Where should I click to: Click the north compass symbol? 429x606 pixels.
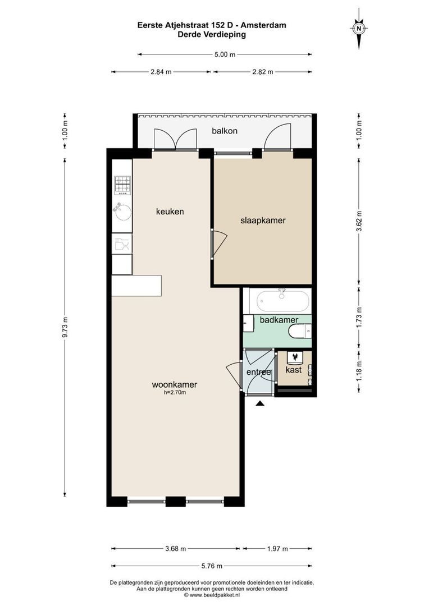click(x=359, y=27)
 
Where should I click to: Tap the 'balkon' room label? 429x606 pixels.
click(x=225, y=131)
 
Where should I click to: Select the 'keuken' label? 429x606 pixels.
click(x=170, y=212)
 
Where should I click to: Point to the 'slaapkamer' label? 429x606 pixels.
click(x=263, y=221)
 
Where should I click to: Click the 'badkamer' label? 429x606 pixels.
click(x=279, y=320)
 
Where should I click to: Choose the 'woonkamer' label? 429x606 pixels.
click(x=174, y=385)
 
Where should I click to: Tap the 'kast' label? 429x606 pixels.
click(x=294, y=370)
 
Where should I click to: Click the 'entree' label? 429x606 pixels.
click(x=259, y=372)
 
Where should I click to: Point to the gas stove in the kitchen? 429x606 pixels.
click(x=123, y=185)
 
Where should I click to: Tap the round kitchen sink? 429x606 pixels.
click(x=123, y=212)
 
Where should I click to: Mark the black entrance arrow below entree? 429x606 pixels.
click(x=260, y=403)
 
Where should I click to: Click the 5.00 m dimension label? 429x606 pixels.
click(x=225, y=54)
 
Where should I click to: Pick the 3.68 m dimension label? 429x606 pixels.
click(x=175, y=549)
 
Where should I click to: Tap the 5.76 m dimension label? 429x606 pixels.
click(x=211, y=566)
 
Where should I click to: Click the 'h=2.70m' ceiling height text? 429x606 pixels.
click(x=174, y=393)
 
